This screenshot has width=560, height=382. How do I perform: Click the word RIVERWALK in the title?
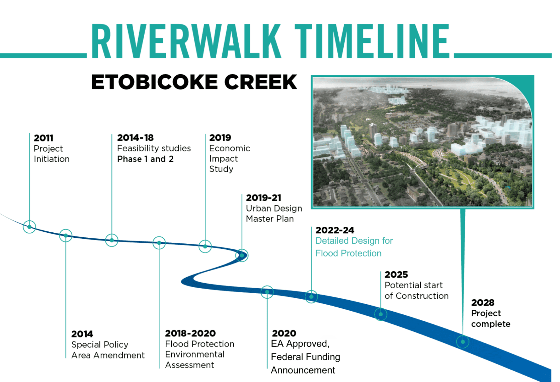(186, 41)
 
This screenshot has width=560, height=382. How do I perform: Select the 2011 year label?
(43, 138)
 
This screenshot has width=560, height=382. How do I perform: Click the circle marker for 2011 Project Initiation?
(29, 227)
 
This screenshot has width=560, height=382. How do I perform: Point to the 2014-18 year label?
(135, 138)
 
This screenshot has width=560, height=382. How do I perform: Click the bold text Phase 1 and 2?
(145, 159)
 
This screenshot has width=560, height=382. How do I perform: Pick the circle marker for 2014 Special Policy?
(66, 236)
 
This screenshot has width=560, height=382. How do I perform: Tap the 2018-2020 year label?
(190, 333)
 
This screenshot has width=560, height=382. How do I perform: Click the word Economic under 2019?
(229, 148)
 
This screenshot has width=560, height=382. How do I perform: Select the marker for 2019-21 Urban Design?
(242, 255)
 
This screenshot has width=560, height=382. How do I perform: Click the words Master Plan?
(270, 219)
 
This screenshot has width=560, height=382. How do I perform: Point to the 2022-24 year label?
(335, 230)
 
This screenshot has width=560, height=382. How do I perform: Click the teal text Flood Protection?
(348, 253)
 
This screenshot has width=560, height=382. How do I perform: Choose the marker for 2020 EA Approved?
(267, 292)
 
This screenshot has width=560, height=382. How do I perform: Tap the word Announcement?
(303, 370)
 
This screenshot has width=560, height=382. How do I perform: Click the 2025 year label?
(396, 274)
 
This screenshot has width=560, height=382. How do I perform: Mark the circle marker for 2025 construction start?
(380, 314)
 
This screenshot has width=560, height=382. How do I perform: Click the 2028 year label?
(483, 303)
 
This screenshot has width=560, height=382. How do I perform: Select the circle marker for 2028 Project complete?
(462, 342)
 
